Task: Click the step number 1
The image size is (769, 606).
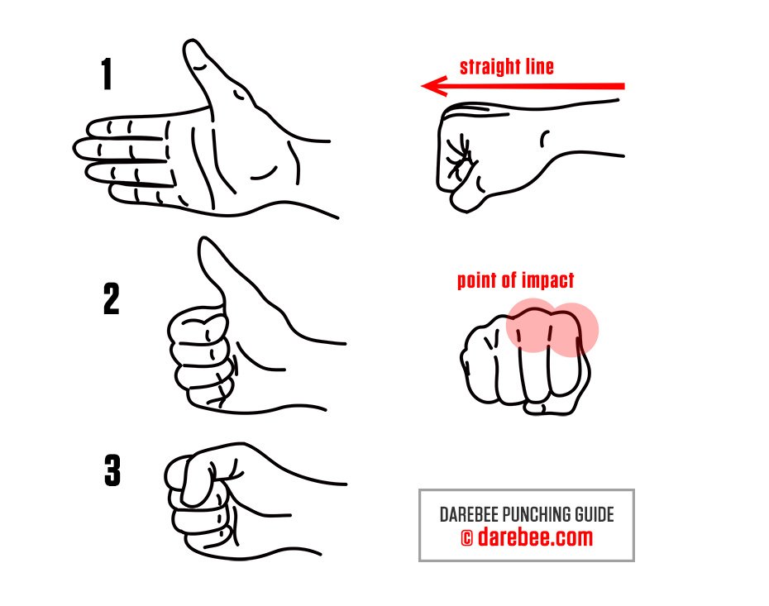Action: coord(107,75)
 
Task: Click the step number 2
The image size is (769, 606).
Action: coord(111,300)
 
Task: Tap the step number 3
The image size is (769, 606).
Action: coord(112,472)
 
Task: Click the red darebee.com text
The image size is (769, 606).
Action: coord(536,538)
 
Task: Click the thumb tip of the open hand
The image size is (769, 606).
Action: coord(192,51)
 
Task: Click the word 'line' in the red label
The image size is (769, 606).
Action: coord(534,67)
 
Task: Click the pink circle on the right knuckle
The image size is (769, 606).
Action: coord(573,329)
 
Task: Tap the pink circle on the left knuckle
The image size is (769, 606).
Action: coord(532,325)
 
